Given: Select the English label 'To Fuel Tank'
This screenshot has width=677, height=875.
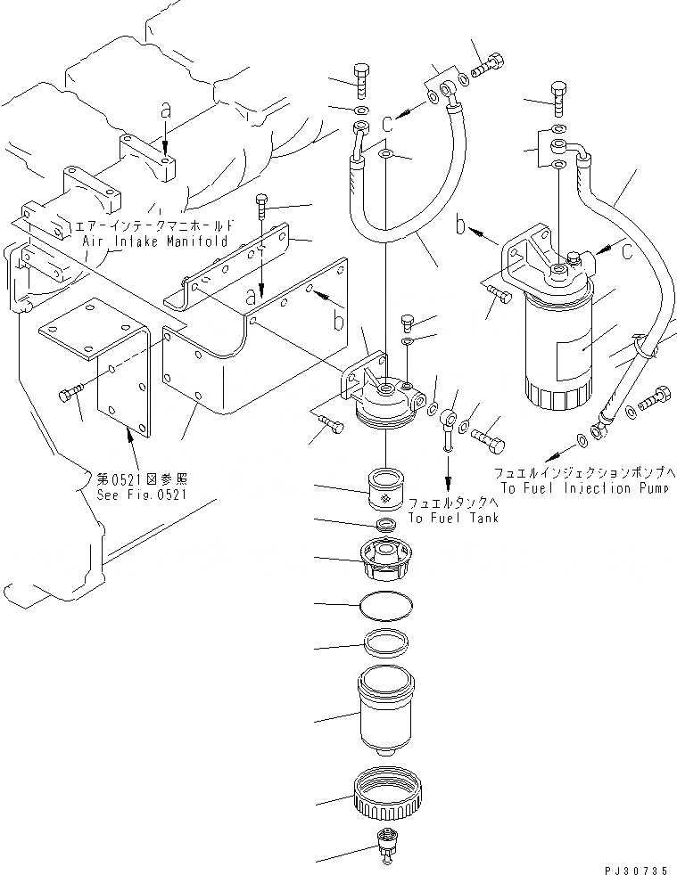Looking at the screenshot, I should [453, 519].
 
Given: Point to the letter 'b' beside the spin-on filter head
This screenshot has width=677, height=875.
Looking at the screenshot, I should [460, 227].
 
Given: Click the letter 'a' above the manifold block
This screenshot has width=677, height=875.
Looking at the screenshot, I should [164, 110].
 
